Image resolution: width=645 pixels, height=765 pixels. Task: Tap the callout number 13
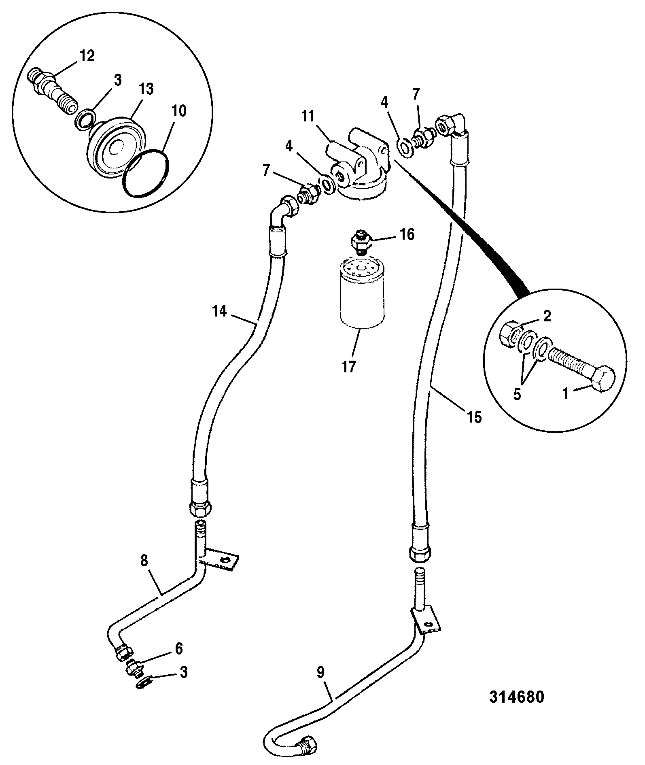pos(147,89)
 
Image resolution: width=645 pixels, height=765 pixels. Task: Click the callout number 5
pos(517,395)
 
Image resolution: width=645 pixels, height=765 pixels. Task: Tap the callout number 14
pos(220,312)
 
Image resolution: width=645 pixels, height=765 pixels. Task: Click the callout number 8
pos(144,560)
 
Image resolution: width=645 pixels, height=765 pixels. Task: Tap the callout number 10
pos(179,111)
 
